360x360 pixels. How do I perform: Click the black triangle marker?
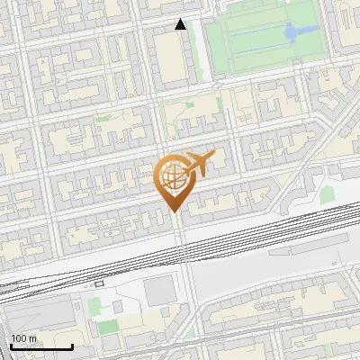pos(181,24)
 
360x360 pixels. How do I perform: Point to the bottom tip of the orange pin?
pos(173,212)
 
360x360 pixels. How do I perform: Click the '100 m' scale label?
pos(23,338)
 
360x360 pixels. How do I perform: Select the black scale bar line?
pos(40,346)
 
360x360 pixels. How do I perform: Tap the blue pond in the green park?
pos(294,34)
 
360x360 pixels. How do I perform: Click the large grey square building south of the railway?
pos(159,291)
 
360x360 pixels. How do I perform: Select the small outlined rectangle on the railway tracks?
pos(98,283)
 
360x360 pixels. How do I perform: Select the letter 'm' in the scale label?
pos(32,338)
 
